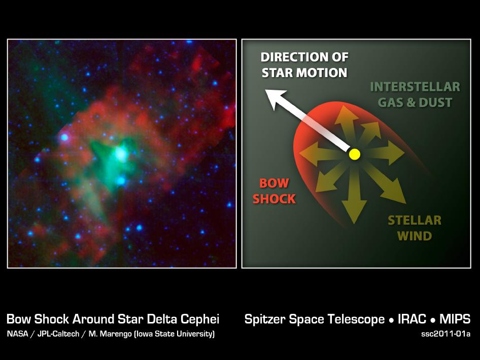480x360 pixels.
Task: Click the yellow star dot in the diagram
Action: pyautogui.click(x=355, y=154)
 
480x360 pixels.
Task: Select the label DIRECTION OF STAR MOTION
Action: pyautogui.click(x=304, y=65)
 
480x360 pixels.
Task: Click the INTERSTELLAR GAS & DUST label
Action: pyautogui.click(x=415, y=94)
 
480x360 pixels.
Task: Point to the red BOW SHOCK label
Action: pyautogui.click(x=274, y=191)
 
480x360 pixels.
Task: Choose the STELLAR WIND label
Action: pyautogui.click(x=415, y=228)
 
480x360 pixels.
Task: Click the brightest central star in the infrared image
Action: pyautogui.click(x=120, y=154)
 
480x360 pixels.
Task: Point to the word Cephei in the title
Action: pyautogui.click(x=199, y=319)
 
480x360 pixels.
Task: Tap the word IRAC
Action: pyautogui.click(x=412, y=319)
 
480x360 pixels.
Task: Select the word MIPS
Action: pyautogui.click(x=455, y=319)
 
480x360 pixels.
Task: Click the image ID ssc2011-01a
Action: pyautogui.click(x=445, y=334)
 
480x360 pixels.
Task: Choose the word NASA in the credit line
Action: pyautogui.click(x=17, y=334)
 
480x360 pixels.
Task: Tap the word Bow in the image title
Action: pyautogui.click(x=19, y=319)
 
